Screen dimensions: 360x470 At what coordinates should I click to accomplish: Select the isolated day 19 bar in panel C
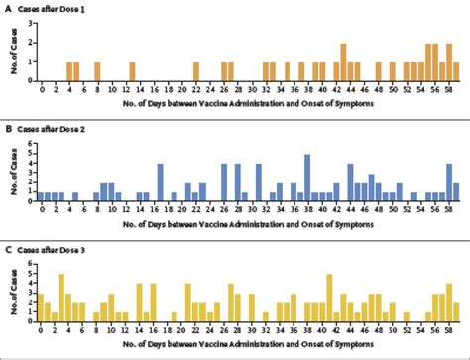pos(175,316)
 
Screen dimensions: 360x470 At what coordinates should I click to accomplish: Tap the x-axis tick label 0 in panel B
pos(42,210)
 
